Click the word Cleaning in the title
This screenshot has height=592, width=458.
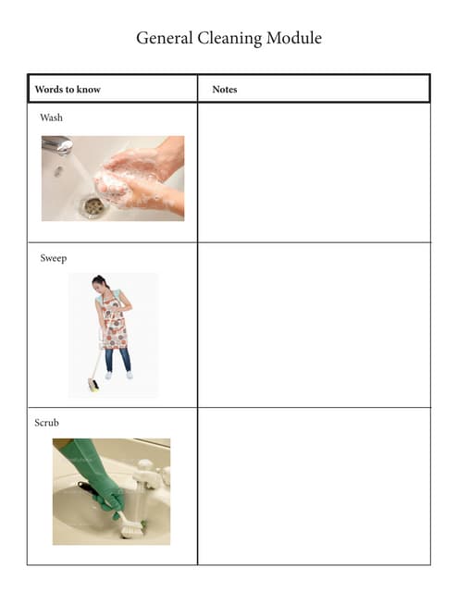[229, 39]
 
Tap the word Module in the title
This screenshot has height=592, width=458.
[294, 38]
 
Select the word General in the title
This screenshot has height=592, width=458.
[165, 38]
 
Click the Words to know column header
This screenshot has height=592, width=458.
[68, 90]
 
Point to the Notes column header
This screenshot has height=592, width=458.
[225, 90]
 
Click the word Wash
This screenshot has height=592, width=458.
[51, 117]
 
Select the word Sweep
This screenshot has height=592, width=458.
[54, 258]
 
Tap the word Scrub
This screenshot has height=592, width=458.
[47, 423]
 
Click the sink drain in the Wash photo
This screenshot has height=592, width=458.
[93, 205]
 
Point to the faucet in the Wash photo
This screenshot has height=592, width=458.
[57, 144]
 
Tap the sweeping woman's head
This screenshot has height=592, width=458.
[99, 282]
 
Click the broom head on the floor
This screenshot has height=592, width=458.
[93, 385]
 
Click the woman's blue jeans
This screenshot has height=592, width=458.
[118, 360]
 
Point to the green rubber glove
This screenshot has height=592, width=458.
[93, 473]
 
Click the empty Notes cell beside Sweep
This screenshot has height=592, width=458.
[314, 325]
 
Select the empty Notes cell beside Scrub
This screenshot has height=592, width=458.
[314, 487]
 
